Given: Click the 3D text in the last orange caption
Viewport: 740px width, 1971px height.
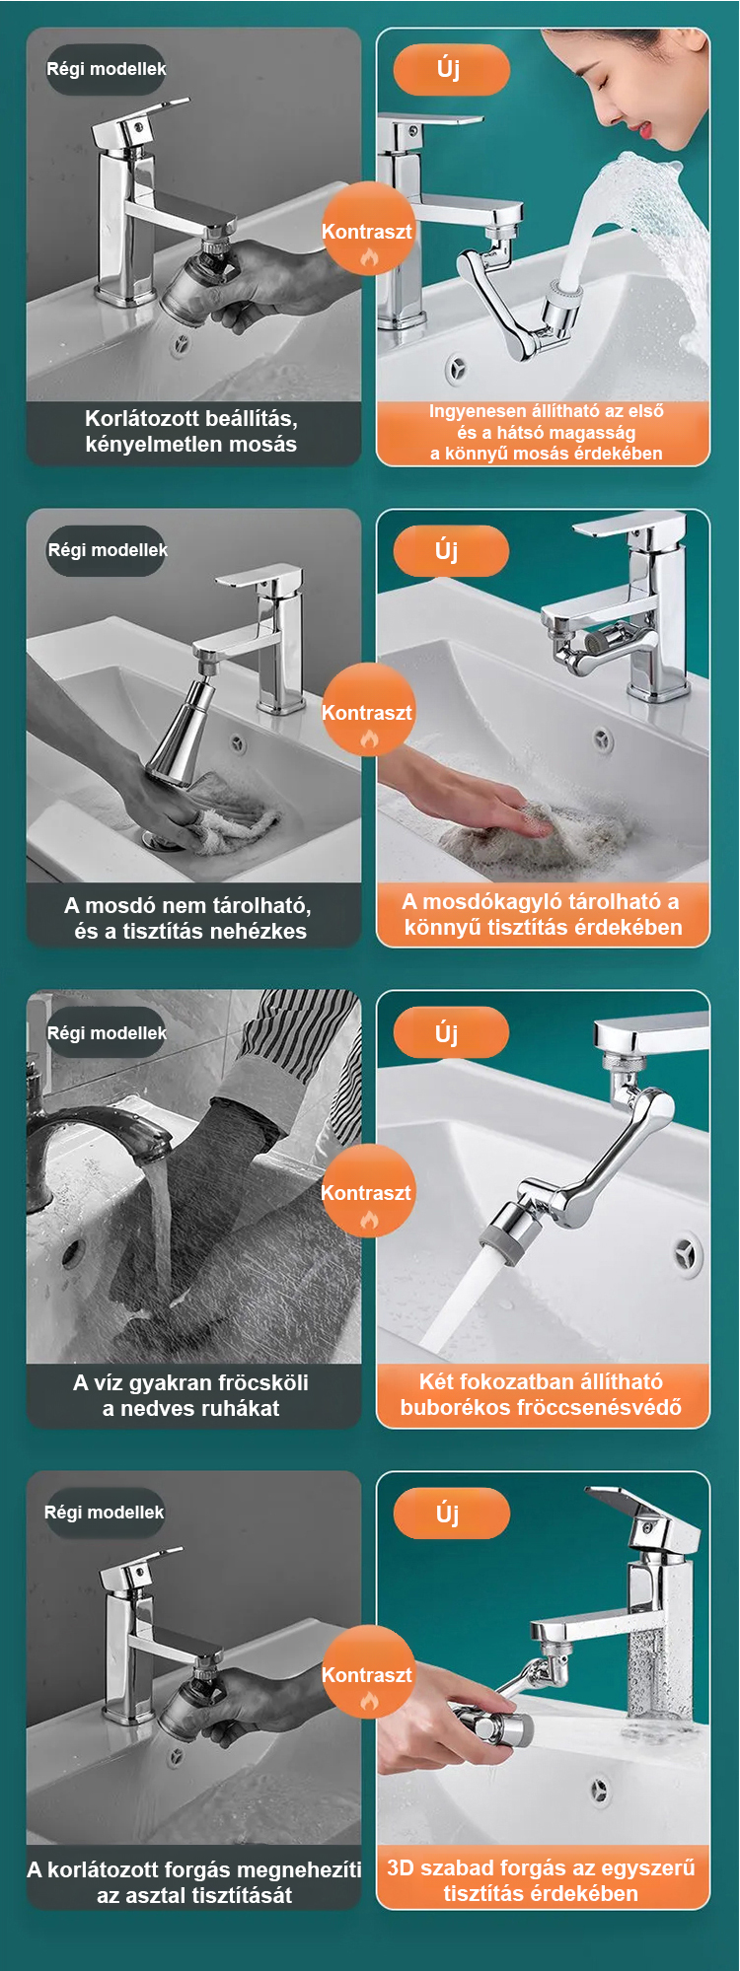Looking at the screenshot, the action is [401, 1867].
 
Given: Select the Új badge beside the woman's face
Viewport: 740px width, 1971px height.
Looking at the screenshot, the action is [451, 69].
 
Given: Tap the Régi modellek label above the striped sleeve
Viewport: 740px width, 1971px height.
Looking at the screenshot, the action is [107, 1032].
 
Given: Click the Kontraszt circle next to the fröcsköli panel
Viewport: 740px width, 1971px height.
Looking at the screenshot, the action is [366, 1192].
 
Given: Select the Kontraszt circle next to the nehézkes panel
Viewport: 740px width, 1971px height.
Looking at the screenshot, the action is [367, 711].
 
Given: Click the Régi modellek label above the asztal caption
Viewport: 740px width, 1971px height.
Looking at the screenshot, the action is [104, 1512].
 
